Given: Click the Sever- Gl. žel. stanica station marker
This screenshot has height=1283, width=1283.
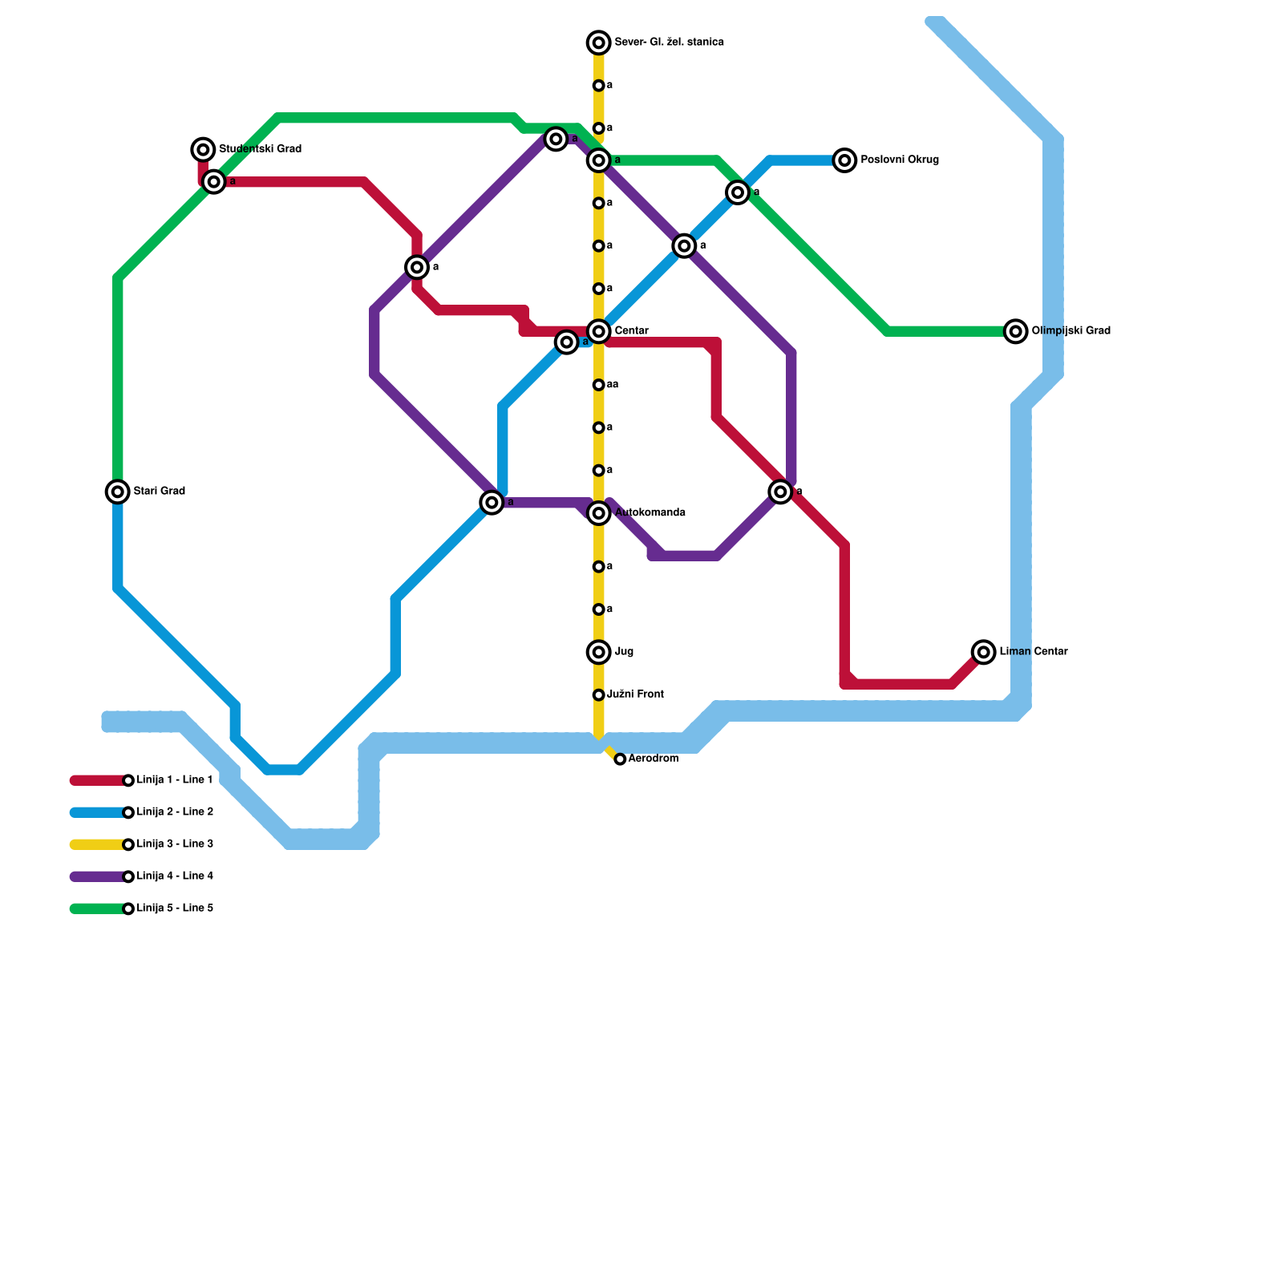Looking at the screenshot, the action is click(x=599, y=42).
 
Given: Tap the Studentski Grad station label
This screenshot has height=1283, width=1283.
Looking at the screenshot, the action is click(x=260, y=149).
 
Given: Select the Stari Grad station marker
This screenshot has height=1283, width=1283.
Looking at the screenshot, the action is click(x=118, y=492).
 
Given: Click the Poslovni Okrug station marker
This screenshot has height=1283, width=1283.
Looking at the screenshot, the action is click(x=844, y=160).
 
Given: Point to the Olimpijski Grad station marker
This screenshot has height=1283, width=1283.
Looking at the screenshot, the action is click(x=1016, y=331).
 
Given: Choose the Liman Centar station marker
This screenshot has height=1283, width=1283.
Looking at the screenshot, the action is click(x=984, y=652).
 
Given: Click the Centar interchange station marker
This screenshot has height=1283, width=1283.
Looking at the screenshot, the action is click(x=599, y=331).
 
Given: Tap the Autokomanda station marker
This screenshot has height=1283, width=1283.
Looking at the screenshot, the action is click(x=599, y=513).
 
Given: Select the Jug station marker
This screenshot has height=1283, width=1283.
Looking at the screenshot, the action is click(x=599, y=652).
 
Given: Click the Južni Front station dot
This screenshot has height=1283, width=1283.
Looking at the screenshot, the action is click(x=599, y=695).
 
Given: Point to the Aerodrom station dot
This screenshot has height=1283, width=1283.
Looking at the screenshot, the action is click(x=620, y=759).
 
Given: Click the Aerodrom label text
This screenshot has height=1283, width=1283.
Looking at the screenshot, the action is click(x=654, y=759).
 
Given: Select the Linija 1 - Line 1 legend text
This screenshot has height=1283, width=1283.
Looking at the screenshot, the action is click(x=175, y=780).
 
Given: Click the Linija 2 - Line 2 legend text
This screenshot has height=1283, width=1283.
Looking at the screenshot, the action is click(x=175, y=812).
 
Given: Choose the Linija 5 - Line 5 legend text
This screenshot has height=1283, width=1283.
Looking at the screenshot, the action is click(x=175, y=909).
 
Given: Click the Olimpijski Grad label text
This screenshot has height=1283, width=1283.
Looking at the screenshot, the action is click(x=1071, y=331).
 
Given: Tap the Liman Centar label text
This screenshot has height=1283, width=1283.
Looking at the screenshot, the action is click(x=1034, y=652).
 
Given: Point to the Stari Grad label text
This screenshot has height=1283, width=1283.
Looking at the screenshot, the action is click(x=160, y=492).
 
